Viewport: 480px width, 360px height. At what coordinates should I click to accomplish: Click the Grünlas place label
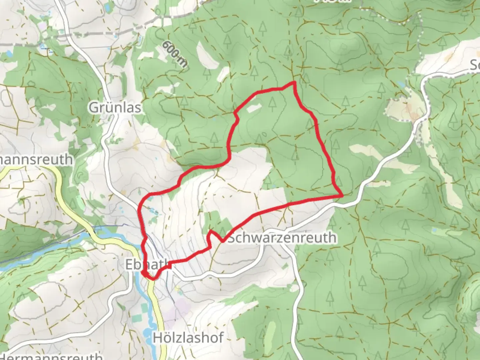[115, 108]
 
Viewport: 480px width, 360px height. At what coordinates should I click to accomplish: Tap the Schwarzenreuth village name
[282, 238]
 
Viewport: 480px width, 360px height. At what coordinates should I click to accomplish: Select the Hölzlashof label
[188, 338]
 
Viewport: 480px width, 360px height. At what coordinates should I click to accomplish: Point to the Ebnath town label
[147, 264]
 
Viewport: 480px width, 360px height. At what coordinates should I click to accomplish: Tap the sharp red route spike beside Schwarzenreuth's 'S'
[211, 231]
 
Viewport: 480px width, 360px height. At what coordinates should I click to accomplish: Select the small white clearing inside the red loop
[254, 108]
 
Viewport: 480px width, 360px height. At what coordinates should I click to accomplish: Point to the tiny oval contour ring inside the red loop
[264, 135]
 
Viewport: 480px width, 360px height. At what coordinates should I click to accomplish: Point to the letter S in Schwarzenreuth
[232, 238]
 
